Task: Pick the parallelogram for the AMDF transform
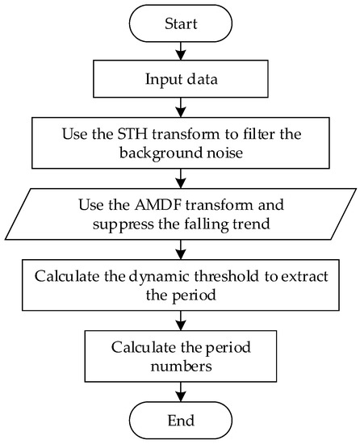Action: click(x=180, y=211)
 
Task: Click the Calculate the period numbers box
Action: click(x=180, y=354)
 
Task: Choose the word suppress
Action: click(x=119, y=220)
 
